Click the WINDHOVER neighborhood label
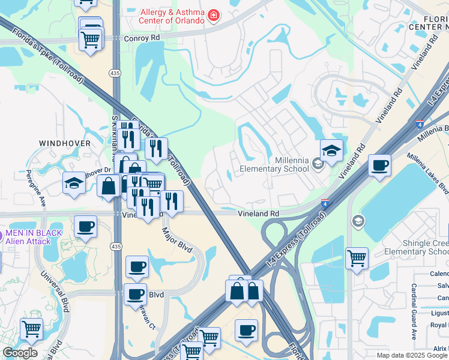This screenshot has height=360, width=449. (x=65, y=143)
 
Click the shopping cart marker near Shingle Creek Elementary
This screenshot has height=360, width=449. (x=357, y=259)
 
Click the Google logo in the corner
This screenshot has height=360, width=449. (x=20, y=353)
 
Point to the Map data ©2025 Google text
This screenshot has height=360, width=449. (x=411, y=355)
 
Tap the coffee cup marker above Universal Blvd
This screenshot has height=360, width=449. (x=85, y=227)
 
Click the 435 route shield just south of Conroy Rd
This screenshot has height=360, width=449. (x=115, y=73)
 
